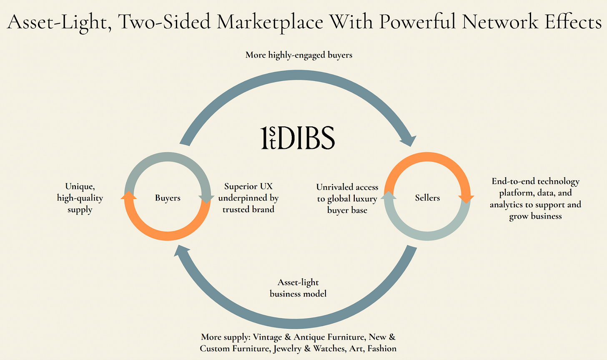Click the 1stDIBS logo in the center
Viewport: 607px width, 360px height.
[x=298, y=138]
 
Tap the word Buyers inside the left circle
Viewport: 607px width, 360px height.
[x=168, y=198]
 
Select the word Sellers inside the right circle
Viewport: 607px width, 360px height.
[x=427, y=198]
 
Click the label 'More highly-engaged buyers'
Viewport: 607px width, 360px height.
[x=298, y=55]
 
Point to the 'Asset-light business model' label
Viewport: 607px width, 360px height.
[x=298, y=288]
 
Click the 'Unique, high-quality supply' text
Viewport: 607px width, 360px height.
[x=80, y=198]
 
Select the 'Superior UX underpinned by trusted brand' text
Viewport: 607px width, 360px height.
[x=248, y=198]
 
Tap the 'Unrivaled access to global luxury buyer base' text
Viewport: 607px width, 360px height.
[x=347, y=199]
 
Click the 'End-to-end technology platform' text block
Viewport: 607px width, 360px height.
[x=535, y=199]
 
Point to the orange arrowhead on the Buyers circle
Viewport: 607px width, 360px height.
[x=129, y=195]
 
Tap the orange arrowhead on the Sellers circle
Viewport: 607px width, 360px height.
[x=466, y=199]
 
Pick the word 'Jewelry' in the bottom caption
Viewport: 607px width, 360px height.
[x=289, y=348]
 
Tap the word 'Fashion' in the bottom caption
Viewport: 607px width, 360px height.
[x=381, y=348]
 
